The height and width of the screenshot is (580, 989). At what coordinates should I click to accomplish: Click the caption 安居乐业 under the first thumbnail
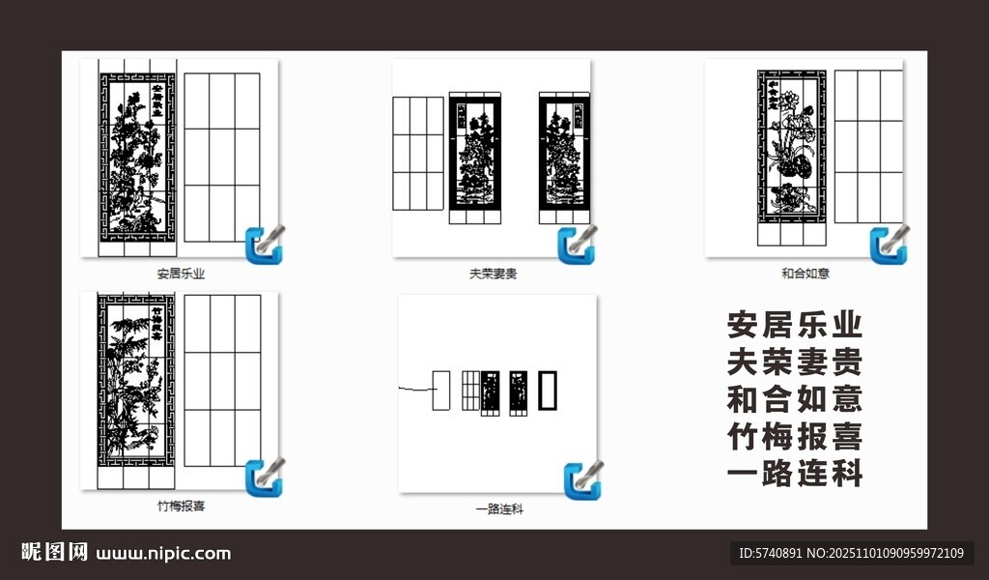pyautogui.click(x=181, y=274)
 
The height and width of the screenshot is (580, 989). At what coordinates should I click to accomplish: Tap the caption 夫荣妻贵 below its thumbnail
pyautogui.click(x=493, y=274)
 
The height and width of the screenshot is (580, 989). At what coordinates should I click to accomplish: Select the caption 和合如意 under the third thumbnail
pyautogui.click(x=805, y=274)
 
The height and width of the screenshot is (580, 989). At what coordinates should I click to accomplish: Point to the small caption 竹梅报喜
pyautogui.click(x=181, y=506)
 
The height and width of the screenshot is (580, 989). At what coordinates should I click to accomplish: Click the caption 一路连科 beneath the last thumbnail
pyautogui.click(x=498, y=508)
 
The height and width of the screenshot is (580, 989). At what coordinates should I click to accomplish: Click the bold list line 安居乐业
pyautogui.click(x=794, y=324)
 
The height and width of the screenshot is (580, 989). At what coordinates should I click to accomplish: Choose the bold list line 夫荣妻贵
pyautogui.click(x=794, y=362)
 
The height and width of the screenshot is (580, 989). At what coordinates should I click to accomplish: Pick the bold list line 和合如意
pyautogui.click(x=794, y=399)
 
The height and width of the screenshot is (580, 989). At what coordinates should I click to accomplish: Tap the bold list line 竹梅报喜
pyautogui.click(x=794, y=437)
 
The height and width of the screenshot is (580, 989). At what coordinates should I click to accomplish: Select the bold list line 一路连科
pyautogui.click(x=794, y=475)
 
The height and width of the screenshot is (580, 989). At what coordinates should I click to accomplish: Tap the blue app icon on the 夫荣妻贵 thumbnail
pyautogui.click(x=577, y=245)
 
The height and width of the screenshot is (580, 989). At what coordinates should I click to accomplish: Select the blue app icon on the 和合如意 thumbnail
pyautogui.click(x=889, y=245)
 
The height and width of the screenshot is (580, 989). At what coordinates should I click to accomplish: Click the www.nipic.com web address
pyautogui.click(x=164, y=554)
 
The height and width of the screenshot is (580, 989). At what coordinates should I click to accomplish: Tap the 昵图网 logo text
pyautogui.click(x=55, y=553)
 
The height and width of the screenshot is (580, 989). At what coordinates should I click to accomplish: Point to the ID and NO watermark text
pyautogui.click(x=851, y=554)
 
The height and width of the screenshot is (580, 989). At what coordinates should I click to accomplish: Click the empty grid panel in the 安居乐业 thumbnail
pyautogui.click(x=221, y=157)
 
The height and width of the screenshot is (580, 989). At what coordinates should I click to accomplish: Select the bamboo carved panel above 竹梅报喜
pyautogui.click(x=136, y=388)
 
